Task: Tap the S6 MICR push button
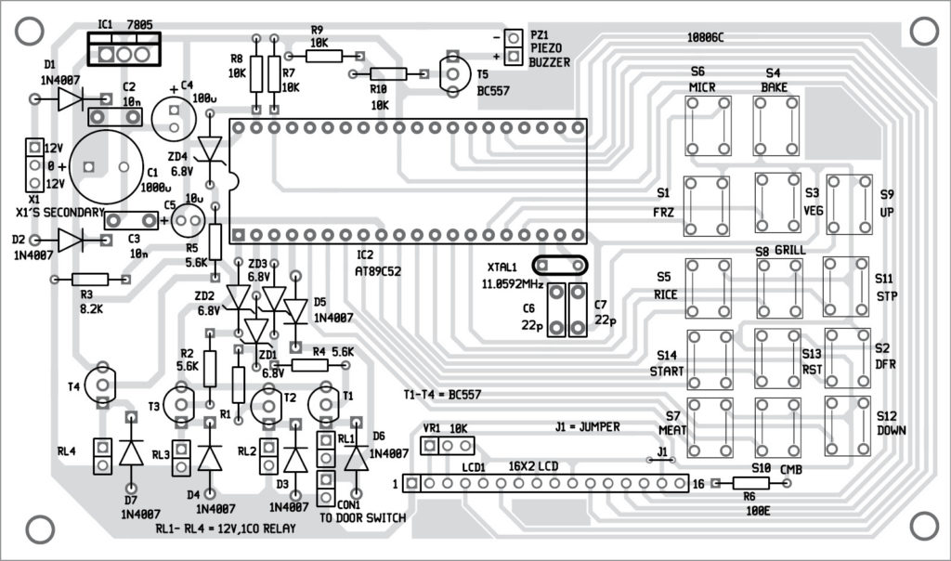(x=709, y=125)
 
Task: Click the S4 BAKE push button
(x=776, y=125)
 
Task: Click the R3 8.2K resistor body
(x=89, y=279)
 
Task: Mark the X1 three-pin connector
(x=33, y=165)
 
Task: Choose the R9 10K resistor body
(x=324, y=55)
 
